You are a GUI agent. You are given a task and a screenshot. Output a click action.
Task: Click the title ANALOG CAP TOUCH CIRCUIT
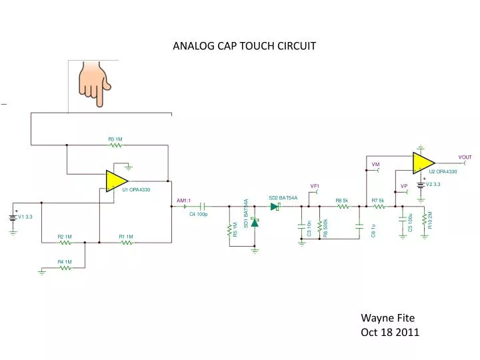click(x=245, y=46)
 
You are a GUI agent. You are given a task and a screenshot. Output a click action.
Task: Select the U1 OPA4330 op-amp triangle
click(x=115, y=181)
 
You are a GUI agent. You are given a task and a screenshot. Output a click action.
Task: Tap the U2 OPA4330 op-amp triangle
click(x=422, y=162)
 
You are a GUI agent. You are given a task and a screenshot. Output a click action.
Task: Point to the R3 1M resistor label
click(x=115, y=139)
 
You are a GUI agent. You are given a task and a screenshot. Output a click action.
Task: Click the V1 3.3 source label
click(x=30, y=217)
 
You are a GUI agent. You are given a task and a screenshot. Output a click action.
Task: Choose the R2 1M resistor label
click(x=64, y=237)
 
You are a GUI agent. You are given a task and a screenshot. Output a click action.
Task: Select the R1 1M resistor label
click(x=126, y=237)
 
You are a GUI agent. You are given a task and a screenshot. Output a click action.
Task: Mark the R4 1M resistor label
click(x=64, y=262)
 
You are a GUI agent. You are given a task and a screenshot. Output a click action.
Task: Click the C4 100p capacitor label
click(x=199, y=215)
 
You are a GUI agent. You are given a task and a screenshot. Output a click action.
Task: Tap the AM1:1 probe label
click(x=183, y=200)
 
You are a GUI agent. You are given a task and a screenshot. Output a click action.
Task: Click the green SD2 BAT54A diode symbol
click(x=275, y=207)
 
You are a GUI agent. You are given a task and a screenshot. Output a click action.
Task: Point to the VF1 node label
click(x=315, y=186)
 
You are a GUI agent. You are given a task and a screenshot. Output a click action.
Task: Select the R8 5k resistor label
click(x=341, y=200)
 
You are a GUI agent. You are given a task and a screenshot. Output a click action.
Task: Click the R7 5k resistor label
click(x=377, y=200)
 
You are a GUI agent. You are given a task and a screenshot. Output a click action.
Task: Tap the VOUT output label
click(x=465, y=157)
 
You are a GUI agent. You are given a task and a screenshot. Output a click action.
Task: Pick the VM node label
click(x=375, y=164)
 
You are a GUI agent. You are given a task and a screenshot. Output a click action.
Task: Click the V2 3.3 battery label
click(x=433, y=185)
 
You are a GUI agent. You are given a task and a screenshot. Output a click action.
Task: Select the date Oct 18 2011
click(x=390, y=333)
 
